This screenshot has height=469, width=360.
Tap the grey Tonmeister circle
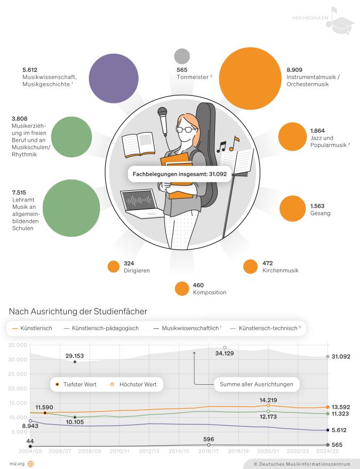point(182,56)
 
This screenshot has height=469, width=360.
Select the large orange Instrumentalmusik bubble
point(249,78)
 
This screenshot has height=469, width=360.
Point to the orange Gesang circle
point(292,208)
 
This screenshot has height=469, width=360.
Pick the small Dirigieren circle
point(114,266)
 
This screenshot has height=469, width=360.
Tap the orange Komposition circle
point(182,288)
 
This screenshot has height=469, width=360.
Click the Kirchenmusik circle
point(250,266)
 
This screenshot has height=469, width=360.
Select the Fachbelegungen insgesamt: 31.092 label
point(179,174)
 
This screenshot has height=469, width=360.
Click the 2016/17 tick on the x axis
point(209,451)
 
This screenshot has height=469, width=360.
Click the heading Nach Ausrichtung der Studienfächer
point(78,311)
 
